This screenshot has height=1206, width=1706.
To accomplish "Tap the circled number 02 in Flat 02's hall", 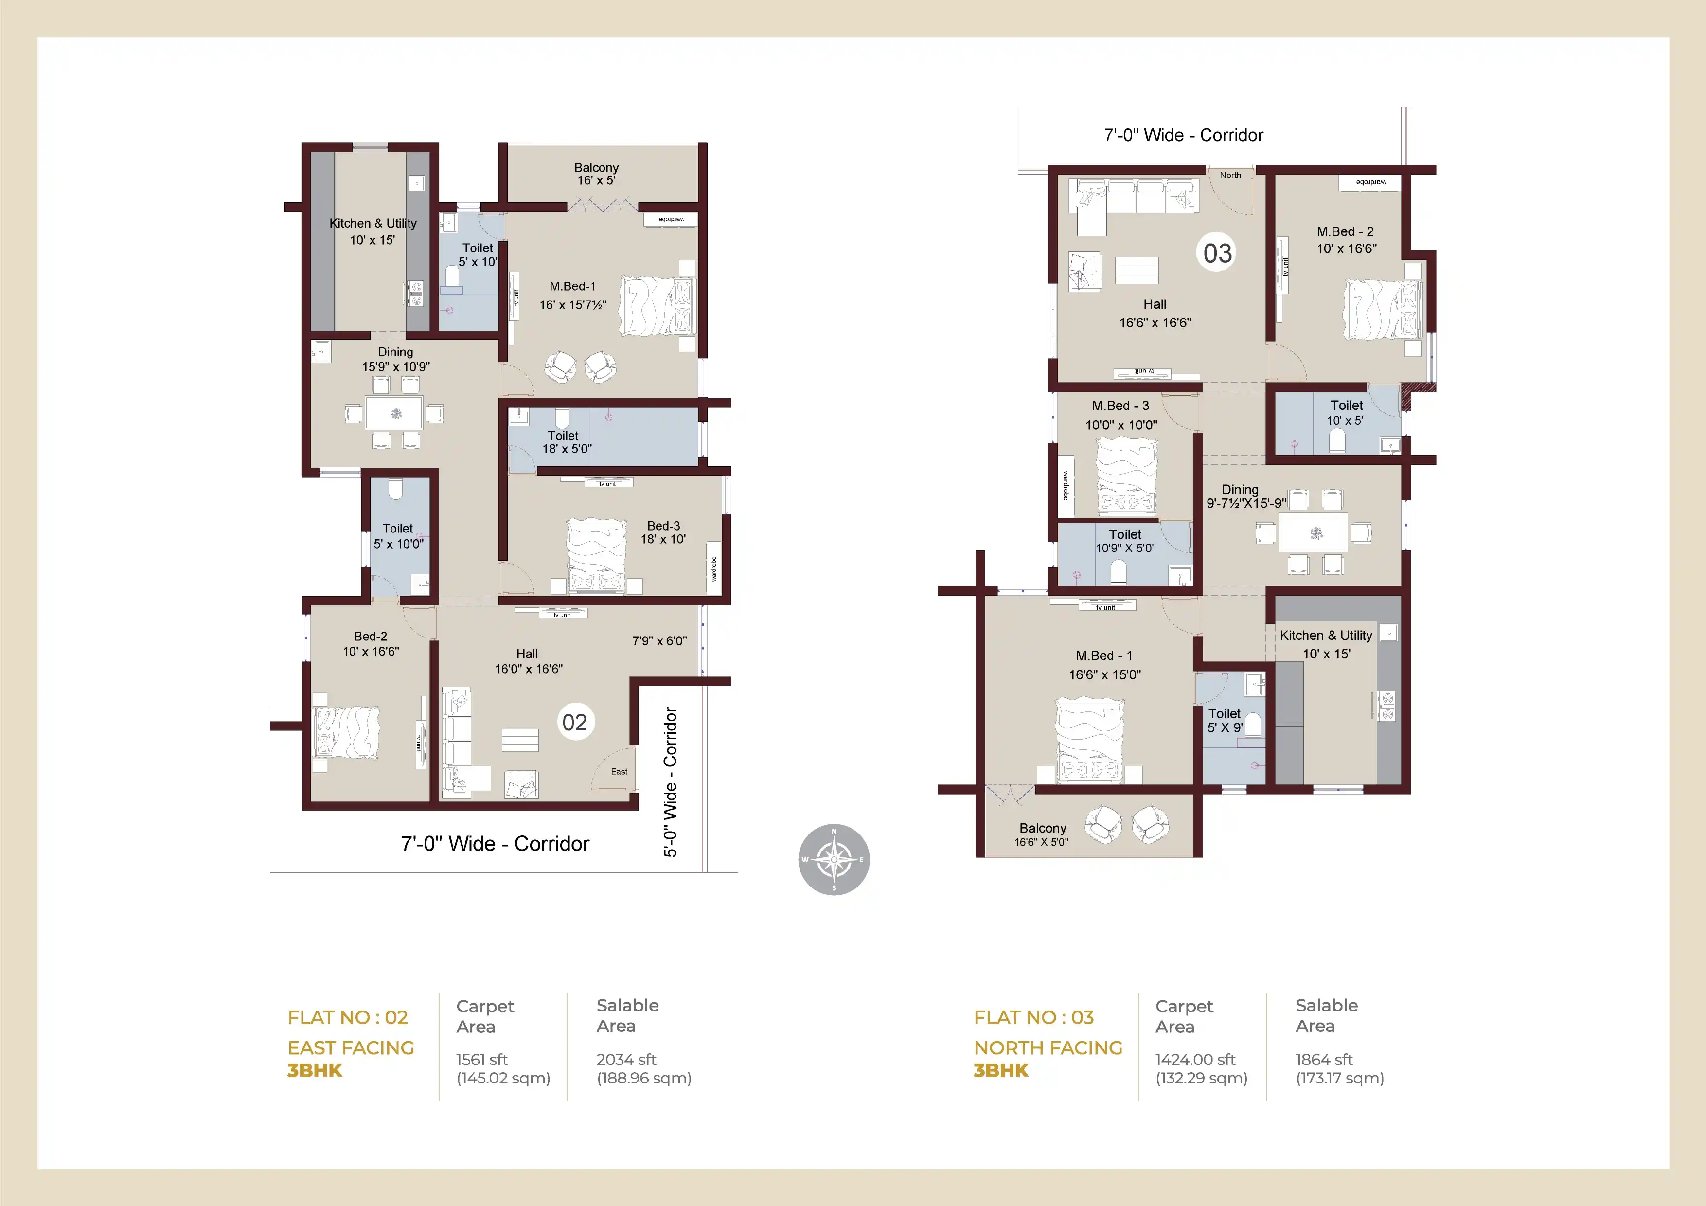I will pos(574,722).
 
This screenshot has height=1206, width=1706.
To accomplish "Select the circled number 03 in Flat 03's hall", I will pos(1217,253).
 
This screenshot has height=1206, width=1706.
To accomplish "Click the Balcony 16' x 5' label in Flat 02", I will pos(596,174).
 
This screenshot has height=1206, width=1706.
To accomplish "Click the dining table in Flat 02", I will pos(394,413).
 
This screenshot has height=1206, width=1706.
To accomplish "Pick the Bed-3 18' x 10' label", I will pos(663,532).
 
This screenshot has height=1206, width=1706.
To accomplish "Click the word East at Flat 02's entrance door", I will pos(619,771).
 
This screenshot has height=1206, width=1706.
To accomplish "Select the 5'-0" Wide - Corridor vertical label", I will pos(670,781).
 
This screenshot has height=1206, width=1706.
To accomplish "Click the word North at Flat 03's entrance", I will pos(1230,176).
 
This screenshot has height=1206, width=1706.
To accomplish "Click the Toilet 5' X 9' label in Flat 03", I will pos(1225,720).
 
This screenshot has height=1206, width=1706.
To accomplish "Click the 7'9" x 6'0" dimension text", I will pos(659,640).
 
